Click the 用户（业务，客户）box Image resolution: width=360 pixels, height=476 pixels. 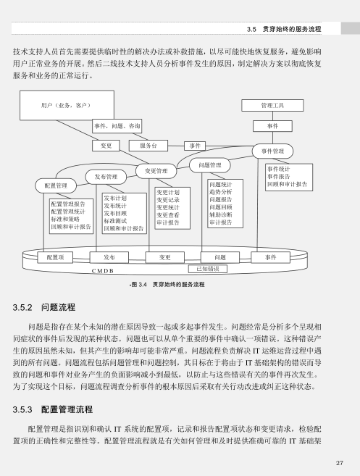(x=67, y=105)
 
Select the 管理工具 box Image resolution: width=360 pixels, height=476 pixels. (x=272, y=105)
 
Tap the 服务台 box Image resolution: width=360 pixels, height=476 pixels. (x=148, y=146)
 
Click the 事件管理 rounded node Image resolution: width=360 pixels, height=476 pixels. (x=272, y=151)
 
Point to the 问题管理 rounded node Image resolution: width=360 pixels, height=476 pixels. (x=210, y=165)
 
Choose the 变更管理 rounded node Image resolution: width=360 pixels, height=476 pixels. (x=156, y=171)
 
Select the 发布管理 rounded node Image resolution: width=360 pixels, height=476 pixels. (x=106, y=177)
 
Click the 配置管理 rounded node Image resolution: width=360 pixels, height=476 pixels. (x=56, y=185)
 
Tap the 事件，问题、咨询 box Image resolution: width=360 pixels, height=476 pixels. (x=117, y=126)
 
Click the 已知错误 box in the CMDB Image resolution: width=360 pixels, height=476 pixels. (x=208, y=269)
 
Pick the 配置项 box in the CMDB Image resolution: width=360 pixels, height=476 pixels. (x=55, y=257)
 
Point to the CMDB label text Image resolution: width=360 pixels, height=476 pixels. (x=103, y=271)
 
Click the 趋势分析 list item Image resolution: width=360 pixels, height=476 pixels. (x=221, y=192)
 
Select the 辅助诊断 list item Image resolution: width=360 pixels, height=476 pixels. (x=221, y=214)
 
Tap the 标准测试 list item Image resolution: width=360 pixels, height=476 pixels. (x=115, y=221)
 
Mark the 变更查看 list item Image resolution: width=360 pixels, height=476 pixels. (x=168, y=215)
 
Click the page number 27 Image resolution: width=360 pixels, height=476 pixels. (x=340, y=463)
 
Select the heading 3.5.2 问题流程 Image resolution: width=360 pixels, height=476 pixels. (x=44, y=307)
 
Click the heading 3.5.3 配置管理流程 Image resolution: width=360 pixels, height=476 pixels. (x=53, y=409)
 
